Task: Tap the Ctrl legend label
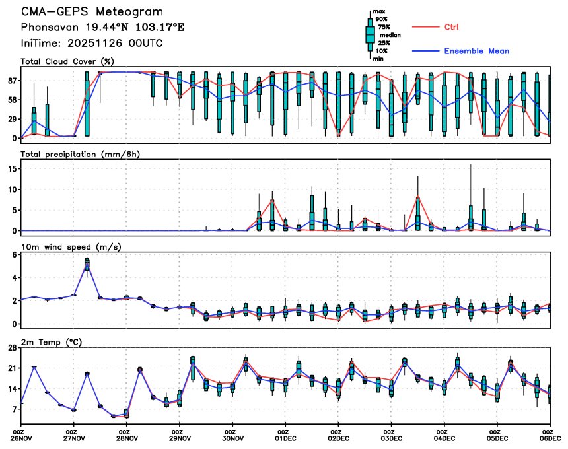click(x=452, y=27)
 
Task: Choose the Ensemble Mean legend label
click(x=476, y=51)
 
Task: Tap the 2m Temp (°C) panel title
click(x=53, y=341)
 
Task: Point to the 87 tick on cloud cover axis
click(x=13, y=80)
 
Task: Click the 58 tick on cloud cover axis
click(x=13, y=99)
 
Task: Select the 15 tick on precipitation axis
click(x=13, y=168)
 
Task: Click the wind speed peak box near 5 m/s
click(x=87, y=264)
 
